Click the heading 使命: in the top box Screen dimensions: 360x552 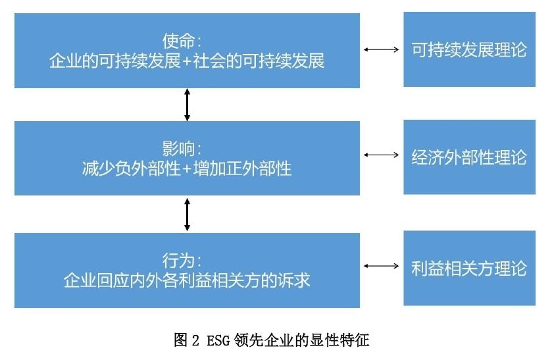[188, 41]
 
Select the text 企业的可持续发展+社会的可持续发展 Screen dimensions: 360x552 [188, 62]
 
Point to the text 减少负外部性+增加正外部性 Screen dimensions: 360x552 [188, 169]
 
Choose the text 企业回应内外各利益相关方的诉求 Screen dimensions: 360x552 [188, 281]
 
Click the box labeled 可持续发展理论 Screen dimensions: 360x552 [469, 49]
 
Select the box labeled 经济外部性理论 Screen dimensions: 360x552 [469, 157]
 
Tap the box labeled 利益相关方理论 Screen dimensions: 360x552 [469, 268]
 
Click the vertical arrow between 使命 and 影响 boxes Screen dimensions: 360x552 [188, 104]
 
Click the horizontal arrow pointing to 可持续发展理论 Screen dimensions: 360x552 [382, 49]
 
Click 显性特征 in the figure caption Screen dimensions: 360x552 [341, 340]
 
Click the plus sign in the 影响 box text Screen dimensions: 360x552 [188, 169]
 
